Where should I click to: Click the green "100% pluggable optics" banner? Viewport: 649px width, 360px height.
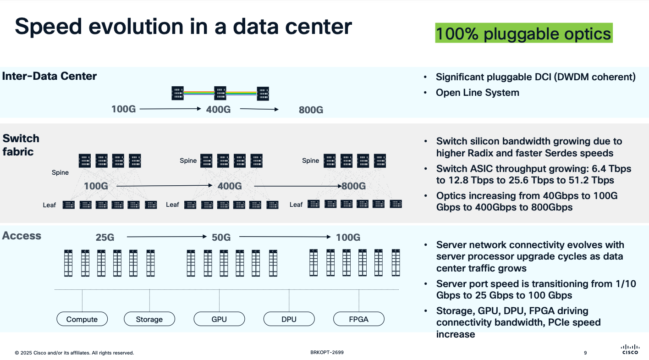pos(523,34)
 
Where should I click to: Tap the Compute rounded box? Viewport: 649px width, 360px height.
pos(82,319)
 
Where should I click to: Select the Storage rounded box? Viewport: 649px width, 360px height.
pos(149,319)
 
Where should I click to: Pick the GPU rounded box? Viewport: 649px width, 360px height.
pos(219,319)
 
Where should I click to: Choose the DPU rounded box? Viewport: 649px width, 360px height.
pos(289,319)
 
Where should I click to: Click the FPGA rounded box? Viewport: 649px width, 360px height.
pos(358,319)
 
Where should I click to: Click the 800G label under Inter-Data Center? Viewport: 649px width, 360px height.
pos(311,110)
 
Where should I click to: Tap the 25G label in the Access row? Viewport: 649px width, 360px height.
pos(105,238)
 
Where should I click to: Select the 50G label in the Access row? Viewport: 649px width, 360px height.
pos(221,238)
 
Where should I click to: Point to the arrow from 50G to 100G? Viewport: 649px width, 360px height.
pos(285,237)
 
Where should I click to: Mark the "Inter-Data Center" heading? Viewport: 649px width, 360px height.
pos(49,76)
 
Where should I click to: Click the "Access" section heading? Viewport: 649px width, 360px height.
pos(22,236)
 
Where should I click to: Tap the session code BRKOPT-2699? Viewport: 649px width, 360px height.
pos(327,352)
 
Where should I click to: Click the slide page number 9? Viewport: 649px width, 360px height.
pos(585,353)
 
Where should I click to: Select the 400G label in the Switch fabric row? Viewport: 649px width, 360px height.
pos(230,186)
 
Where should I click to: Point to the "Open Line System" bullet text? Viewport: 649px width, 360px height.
pos(477,93)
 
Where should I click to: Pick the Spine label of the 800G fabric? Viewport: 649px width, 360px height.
pos(310,161)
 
